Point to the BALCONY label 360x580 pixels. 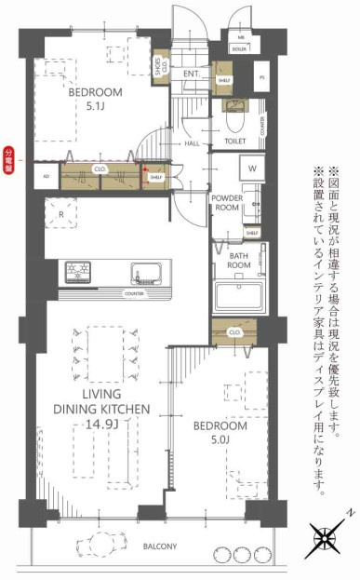click(x=161, y=546)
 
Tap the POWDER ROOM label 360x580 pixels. click(x=226, y=204)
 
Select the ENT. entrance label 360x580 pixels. click(x=193, y=73)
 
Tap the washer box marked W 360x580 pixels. click(x=252, y=169)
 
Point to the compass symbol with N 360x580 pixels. click(x=324, y=538)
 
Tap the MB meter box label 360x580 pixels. click(x=239, y=38)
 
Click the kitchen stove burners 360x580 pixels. click(x=78, y=272)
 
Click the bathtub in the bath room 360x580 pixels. click(x=241, y=296)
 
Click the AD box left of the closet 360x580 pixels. click(x=44, y=174)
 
